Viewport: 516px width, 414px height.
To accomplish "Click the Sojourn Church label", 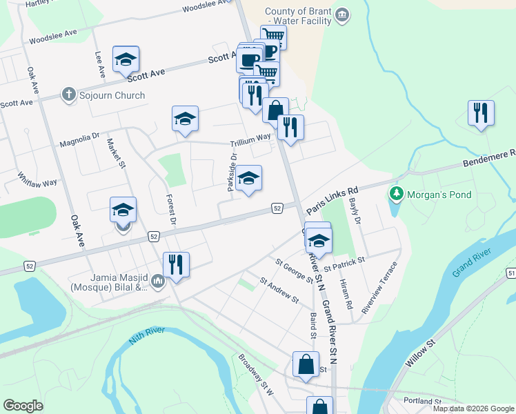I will (x=111, y=95).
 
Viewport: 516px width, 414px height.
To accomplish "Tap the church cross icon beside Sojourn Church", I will (x=68, y=95).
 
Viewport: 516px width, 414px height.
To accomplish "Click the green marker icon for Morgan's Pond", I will (x=395, y=194).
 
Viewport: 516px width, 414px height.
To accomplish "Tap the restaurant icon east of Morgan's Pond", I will (x=480, y=113).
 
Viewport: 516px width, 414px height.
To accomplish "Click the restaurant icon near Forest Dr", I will (x=176, y=264).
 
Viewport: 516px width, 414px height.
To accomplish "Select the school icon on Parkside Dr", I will (x=248, y=180).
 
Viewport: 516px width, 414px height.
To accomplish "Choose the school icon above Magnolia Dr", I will (x=185, y=119).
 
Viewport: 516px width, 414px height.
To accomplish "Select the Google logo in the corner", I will (x=23, y=406).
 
